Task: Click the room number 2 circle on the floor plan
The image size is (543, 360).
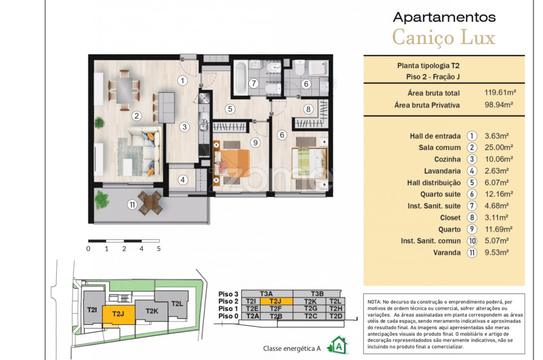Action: pos(136,116)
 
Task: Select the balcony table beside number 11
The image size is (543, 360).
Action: pos(150,203)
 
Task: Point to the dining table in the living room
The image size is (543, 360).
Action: pos(124,90)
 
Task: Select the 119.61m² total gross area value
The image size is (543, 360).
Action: pos(500,92)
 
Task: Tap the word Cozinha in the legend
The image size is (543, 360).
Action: pos(448,159)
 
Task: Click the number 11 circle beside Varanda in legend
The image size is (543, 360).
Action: pos(472,253)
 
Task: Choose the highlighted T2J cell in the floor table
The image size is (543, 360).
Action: pos(276,301)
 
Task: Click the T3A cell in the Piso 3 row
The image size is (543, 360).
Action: pos(267,294)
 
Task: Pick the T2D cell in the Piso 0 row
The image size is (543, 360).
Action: pos(335,316)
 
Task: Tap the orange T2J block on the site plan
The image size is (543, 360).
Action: pos(118,315)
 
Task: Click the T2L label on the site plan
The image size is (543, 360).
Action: pos(177,304)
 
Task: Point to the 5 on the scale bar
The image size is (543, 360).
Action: pos(159,248)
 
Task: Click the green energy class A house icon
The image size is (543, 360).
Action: pos(338,345)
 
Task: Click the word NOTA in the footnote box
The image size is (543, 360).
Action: pos(374,302)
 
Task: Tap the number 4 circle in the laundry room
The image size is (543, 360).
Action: pos(183,180)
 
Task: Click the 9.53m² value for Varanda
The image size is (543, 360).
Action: pos(497,253)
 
